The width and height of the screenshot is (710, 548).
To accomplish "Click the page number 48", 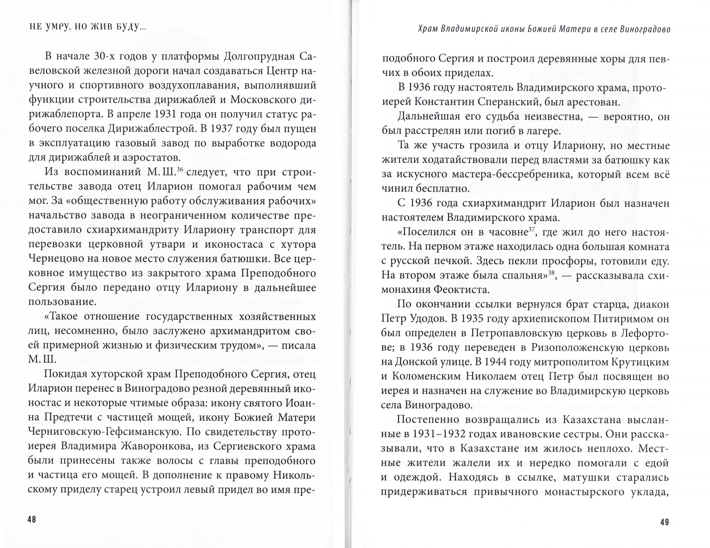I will coord(32,519).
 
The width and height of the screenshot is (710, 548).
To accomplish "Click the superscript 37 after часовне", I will coord(532,229).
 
